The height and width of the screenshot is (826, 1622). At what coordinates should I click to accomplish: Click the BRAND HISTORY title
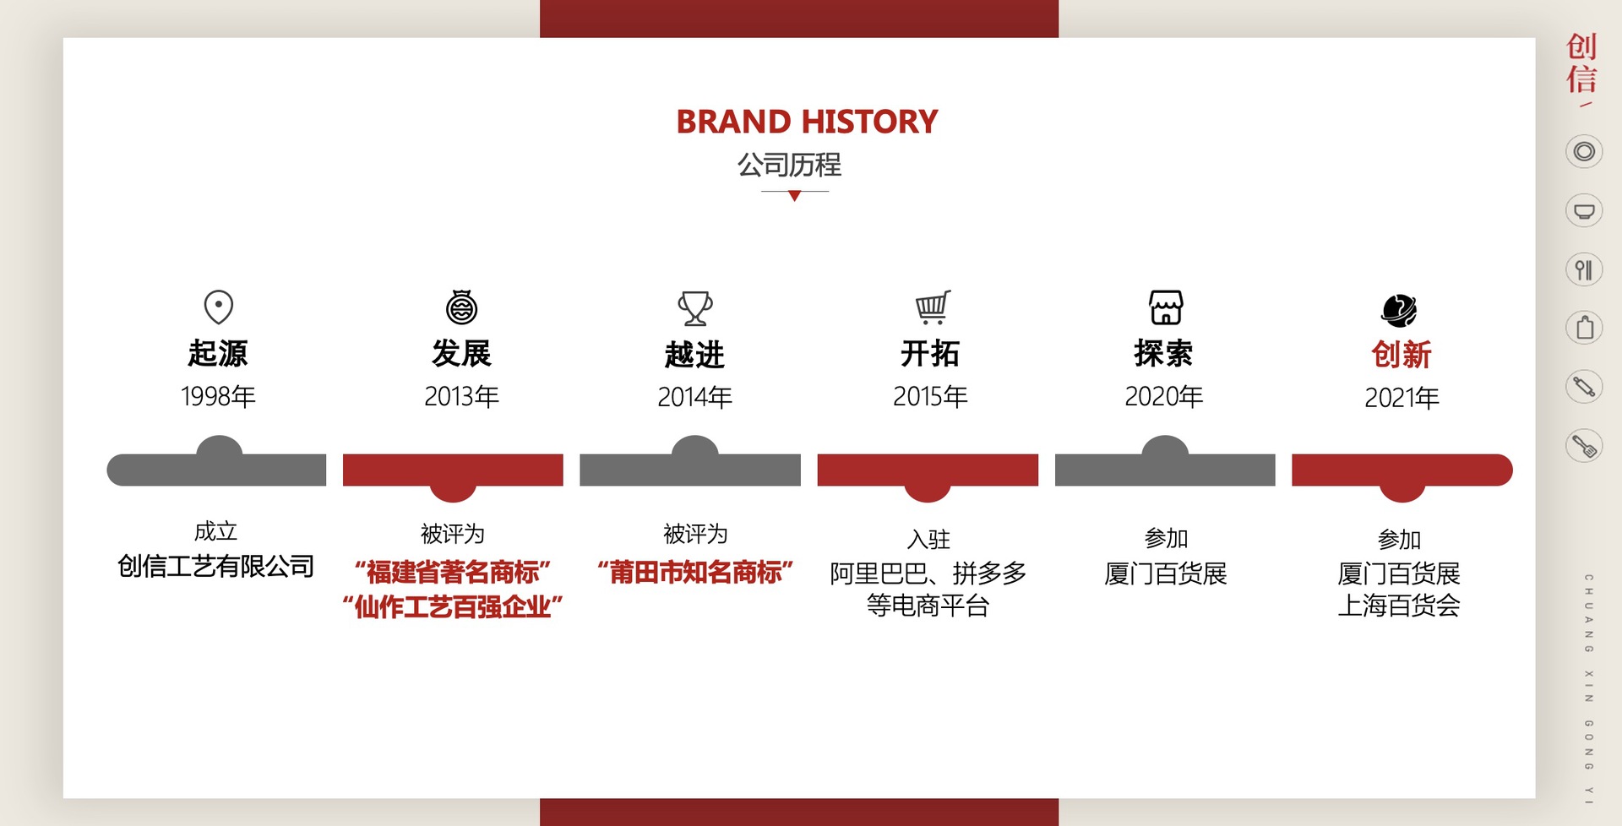click(x=807, y=122)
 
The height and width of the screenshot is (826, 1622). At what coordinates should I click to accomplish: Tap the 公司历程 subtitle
click(x=789, y=165)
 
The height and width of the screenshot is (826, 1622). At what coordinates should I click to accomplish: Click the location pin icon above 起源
click(x=219, y=307)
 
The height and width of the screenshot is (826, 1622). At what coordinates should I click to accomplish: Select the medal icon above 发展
click(x=462, y=307)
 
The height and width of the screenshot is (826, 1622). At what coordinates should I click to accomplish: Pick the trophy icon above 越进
click(x=695, y=308)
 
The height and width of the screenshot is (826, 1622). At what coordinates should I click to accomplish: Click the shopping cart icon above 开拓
click(x=933, y=307)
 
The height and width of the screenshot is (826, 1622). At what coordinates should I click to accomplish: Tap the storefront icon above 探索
click(x=1166, y=307)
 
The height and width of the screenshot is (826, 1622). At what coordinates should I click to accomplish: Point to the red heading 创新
click(x=1401, y=355)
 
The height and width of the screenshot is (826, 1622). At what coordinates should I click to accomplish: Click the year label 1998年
click(x=218, y=396)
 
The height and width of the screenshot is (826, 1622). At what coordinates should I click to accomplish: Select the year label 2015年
click(x=930, y=396)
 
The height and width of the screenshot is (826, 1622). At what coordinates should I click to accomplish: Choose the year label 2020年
click(x=1163, y=396)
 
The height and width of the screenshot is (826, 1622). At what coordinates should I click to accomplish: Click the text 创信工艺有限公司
click(x=215, y=566)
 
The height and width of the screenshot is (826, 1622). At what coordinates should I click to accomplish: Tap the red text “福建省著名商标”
click(x=453, y=573)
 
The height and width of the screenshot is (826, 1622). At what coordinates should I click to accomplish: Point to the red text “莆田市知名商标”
click(x=695, y=573)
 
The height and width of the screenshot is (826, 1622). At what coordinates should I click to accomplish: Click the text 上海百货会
click(x=1399, y=606)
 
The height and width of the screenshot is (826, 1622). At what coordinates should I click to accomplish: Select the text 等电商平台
click(x=928, y=606)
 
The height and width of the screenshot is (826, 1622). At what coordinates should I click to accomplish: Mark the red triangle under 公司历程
click(x=794, y=196)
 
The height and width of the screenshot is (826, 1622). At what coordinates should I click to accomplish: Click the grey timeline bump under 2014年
click(x=694, y=446)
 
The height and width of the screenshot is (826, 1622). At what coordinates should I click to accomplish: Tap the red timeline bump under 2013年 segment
click(x=453, y=492)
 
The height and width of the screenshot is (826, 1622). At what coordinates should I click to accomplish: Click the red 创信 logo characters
click(x=1581, y=62)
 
